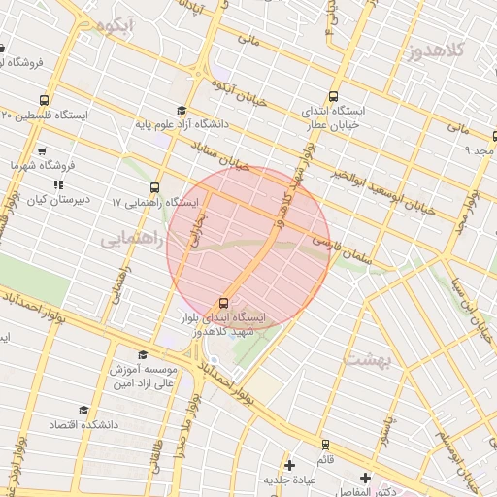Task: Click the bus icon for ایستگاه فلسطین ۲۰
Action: click(x=44, y=100)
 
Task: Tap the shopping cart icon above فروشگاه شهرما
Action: click(x=42, y=151)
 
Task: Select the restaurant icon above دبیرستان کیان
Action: click(x=58, y=184)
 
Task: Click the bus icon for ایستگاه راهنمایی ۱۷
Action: click(x=155, y=187)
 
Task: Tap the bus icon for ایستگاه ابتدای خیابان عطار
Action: click(x=333, y=96)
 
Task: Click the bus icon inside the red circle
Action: click(x=225, y=302)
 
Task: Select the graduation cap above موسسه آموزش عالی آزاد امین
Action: click(x=144, y=355)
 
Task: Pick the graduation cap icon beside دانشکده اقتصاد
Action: click(x=83, y=411)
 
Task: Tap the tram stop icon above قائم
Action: click(x=325, y=445)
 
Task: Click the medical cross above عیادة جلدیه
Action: click(x=289, y=466)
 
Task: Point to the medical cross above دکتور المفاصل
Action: click(x=365, y=478)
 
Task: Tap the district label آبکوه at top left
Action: click(x=106, y=27)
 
